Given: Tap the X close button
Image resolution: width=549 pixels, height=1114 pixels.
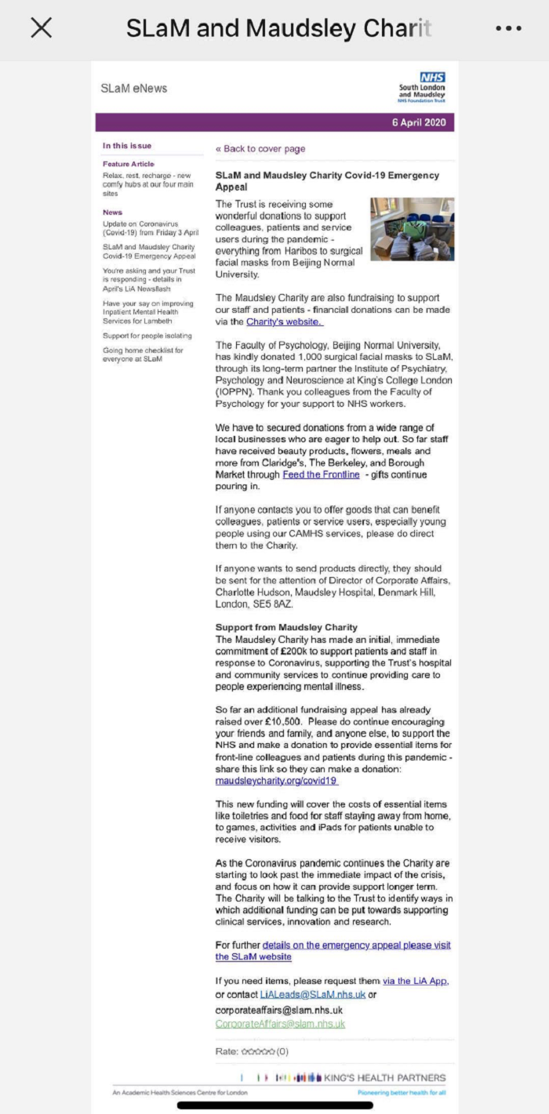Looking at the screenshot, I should (x=41, y=28).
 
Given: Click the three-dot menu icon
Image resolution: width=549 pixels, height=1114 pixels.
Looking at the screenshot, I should (x=508, y=28).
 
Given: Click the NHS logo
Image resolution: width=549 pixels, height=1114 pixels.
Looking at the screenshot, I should (x=432, y=78).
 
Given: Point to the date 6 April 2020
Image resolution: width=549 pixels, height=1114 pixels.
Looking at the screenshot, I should (x=419, y=122).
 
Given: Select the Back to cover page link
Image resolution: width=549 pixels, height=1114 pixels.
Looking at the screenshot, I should (x=260, y=149).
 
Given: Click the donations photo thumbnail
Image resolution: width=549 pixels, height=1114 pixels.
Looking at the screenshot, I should (x=412, y=229).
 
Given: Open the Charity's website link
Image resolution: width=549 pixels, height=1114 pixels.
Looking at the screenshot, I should (x=284, y=321).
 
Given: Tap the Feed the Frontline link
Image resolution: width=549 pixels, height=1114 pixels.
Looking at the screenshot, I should (x=321, y=474).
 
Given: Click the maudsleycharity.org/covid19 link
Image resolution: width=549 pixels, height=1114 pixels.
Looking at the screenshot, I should (x=277, y=781).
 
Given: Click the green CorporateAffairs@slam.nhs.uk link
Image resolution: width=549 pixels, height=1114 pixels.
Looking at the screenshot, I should (x=280, y=1024).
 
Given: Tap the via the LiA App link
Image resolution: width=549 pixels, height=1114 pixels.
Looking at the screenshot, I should (x=415, y=981).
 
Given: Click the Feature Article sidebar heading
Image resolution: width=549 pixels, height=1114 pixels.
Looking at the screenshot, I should (x=129, y=164).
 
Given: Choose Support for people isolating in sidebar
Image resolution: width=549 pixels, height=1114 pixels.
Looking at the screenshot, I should (x=147, y=336).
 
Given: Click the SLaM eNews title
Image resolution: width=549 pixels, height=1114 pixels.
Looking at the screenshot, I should (x=134, y=89).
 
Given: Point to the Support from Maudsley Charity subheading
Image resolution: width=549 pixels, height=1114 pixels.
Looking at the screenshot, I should (x=286, y=627).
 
